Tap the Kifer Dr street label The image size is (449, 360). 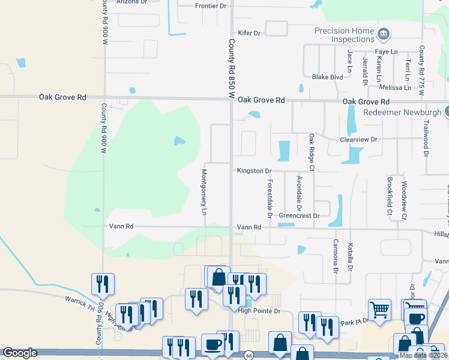[249, 33]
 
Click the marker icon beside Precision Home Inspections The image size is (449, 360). [384, 32]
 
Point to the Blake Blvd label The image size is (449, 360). [327, 77]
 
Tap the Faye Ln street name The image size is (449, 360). [386, 52]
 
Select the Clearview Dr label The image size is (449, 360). [358, 139]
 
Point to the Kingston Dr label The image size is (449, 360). [255, 171]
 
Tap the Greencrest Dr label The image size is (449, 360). [299, 215]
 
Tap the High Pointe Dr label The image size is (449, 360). [259, 311]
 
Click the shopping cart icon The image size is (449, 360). [379, 310]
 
